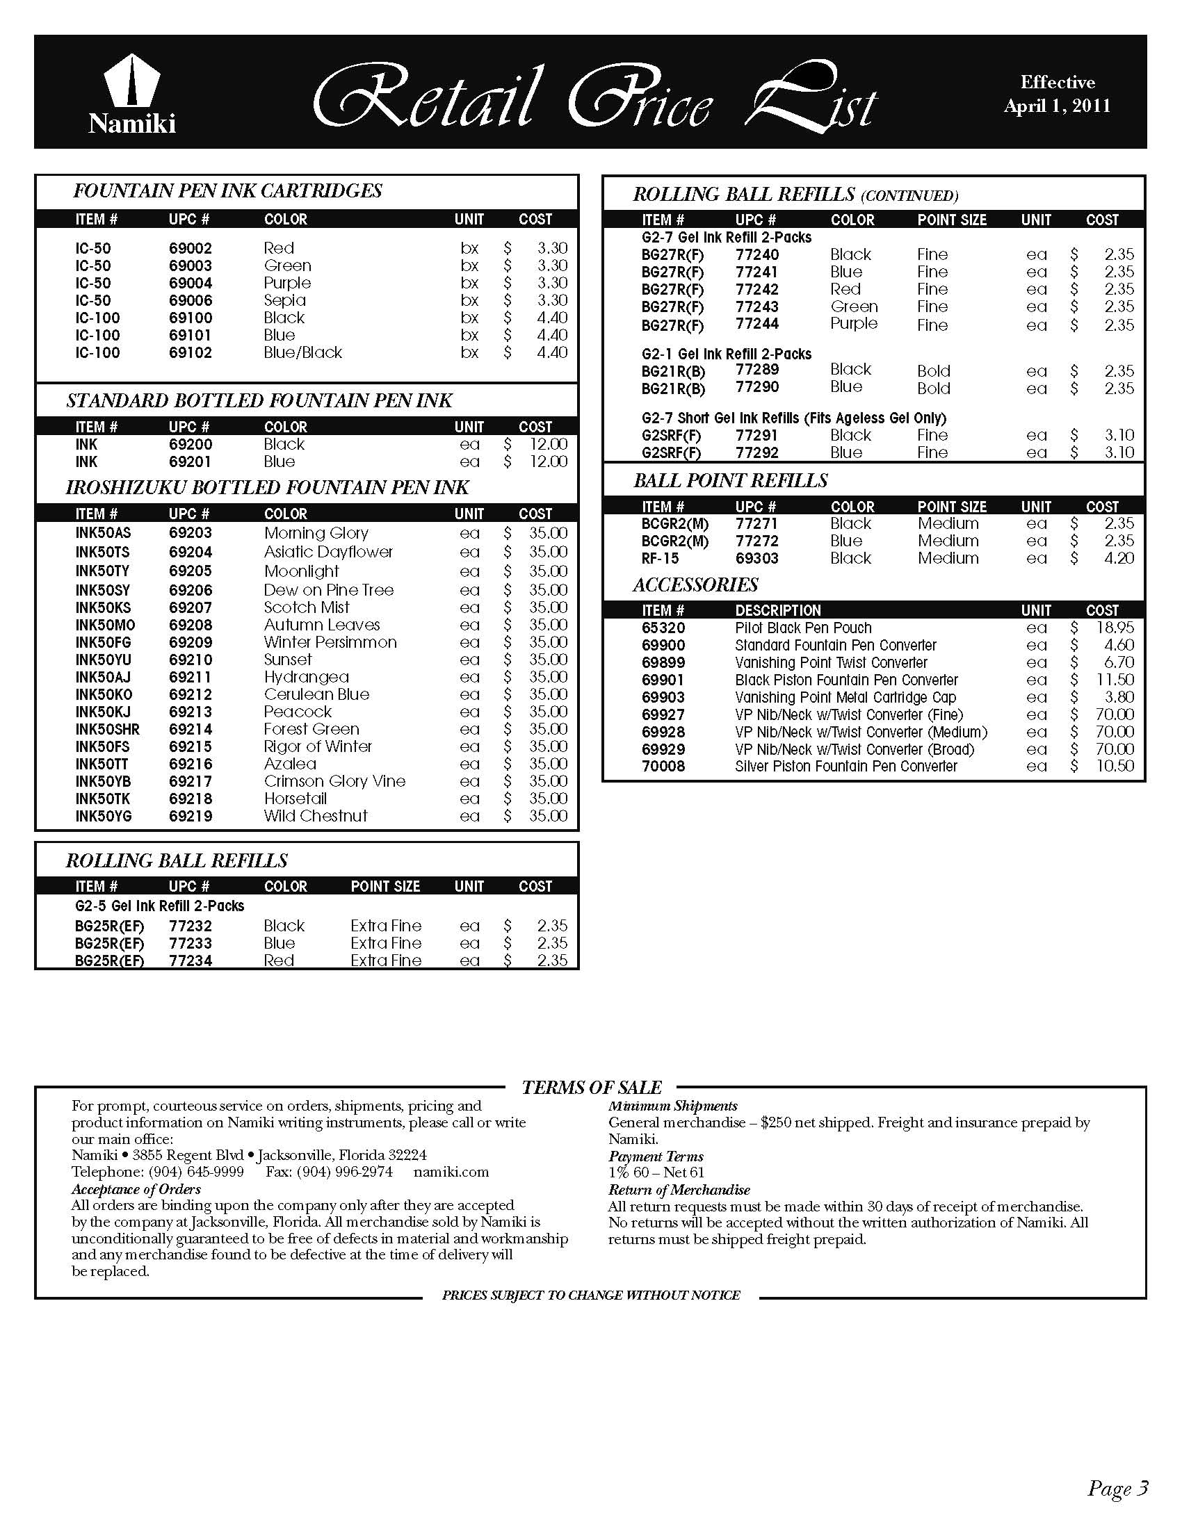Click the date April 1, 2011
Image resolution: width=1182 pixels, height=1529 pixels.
(x=1057, y=106)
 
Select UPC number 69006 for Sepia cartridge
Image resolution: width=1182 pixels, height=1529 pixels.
(x=190, y=300)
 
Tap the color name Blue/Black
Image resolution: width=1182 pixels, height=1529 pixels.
(x=302, y=353)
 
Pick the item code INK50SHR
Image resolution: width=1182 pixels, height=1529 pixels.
(x=107, y=730)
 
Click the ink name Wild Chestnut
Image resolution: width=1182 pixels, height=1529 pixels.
(x=315, y=817)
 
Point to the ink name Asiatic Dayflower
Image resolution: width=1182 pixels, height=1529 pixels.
(x=327, y=553)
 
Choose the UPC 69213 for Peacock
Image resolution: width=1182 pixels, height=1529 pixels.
(x=190, y=712)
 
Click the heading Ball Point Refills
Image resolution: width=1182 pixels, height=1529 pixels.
(x=730, y=481)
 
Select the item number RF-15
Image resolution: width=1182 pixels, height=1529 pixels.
(x=660, y=559)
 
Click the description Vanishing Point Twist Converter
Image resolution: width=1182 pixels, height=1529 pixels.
(x=830, y=663)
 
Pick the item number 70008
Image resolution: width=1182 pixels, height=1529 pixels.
(x=663, y=767)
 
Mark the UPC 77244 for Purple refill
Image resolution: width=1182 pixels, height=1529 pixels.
(x=757, y=324)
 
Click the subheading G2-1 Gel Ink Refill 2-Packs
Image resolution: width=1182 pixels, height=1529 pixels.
(x=726, y=354)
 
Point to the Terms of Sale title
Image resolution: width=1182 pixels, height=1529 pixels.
(x=591, y=1088)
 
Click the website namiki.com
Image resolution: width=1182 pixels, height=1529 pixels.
(x=451, y=1172)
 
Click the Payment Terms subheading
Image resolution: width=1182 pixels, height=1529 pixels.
(x=656, y=1156)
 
